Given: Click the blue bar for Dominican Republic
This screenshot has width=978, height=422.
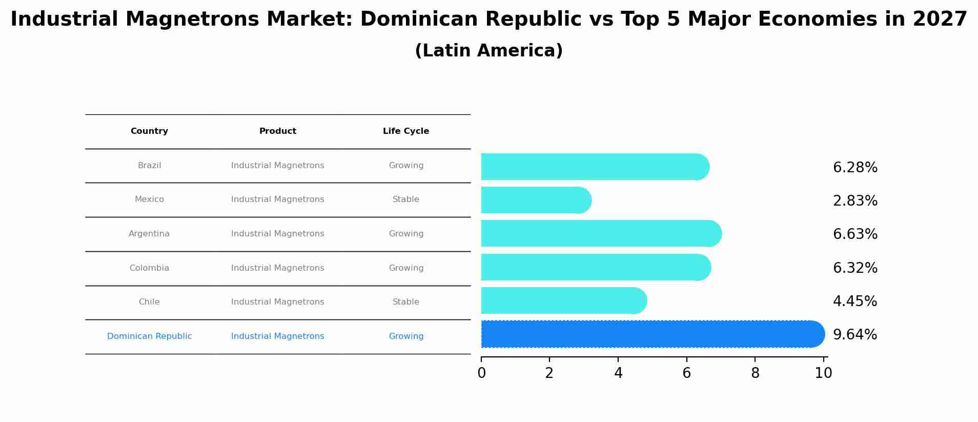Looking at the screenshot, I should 651,334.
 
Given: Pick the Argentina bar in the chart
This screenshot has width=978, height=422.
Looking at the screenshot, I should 600,234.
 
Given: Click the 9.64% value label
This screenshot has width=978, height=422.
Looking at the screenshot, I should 855,335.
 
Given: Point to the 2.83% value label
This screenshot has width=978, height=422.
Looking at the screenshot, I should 855,201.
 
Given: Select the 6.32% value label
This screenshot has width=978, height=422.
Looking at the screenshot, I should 855,268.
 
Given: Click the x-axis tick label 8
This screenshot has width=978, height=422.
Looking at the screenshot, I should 755,373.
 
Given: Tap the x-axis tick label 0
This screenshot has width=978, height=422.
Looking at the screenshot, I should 481,373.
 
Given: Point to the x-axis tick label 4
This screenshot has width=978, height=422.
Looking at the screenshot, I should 618,373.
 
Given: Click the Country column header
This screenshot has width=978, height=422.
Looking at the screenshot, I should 149,131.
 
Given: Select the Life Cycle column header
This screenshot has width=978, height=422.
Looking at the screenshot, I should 406,131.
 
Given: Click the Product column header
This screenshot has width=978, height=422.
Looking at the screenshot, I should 278,131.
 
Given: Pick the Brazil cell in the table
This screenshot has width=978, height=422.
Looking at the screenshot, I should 149,166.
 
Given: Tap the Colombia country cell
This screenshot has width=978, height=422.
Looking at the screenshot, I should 149,268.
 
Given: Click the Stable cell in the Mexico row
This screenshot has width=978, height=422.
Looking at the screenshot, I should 406,199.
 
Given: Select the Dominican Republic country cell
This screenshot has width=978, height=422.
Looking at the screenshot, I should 149,336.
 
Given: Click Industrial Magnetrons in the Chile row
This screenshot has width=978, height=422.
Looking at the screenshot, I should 278,302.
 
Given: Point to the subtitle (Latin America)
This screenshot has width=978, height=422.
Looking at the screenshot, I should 488,51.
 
